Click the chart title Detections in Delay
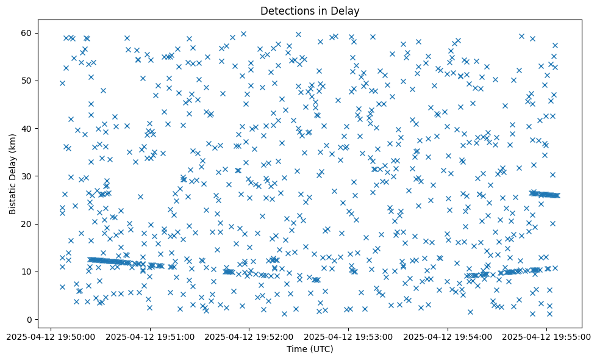tap(310, 10)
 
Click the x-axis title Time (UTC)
tap(310, 350)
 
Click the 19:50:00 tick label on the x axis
tap(51, 336)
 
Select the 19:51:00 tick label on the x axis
tap(150, 336)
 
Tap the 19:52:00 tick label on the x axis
tap(249, 336)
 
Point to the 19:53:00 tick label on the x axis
tap(348, 336)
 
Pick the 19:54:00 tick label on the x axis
tap(448, 336)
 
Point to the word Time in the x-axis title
tap(297, 350)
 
